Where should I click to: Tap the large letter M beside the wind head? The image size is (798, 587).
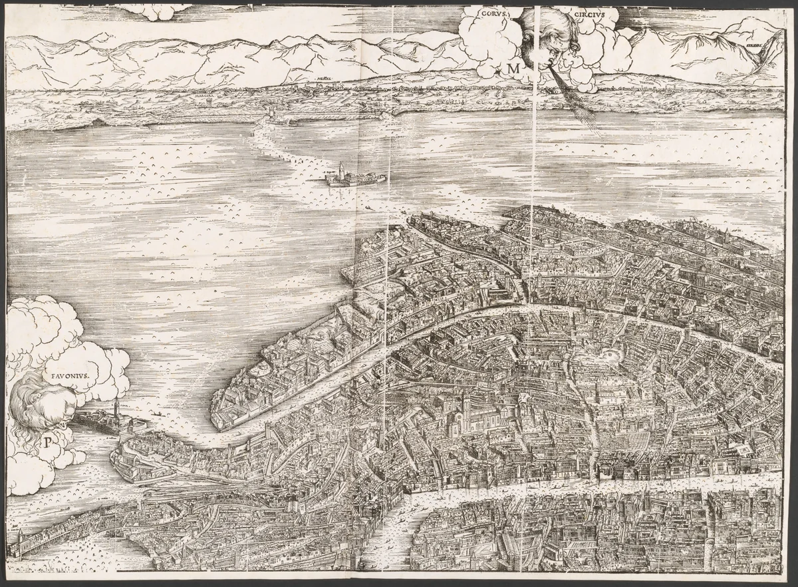[513, 68]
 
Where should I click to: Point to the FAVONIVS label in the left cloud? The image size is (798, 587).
[71, 375]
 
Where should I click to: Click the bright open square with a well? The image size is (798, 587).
[610, 354]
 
